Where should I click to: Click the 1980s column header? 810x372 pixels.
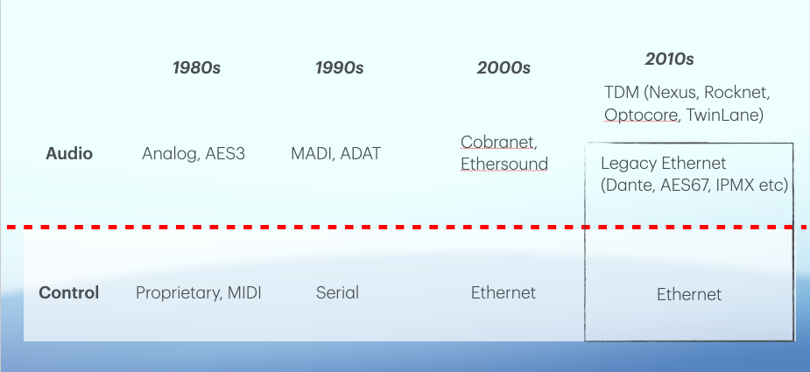click(x=196, y=67)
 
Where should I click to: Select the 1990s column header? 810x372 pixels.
click(x=340, y=67)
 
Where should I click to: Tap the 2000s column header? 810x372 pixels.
click(x=504, y=67)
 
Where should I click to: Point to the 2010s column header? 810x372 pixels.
click(x=669, y=59)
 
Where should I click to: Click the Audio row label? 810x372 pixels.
click(x=69, y=153)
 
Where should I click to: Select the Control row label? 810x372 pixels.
click(x=68, y=293)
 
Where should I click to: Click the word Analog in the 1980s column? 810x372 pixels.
click(x=169, y=154)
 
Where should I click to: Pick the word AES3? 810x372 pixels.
click(x=225, y=153)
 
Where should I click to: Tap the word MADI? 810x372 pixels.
click(x=311, y=153)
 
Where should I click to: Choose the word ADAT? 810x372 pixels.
click(x=361, y=153)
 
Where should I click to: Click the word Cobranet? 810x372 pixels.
click(x=497, y=142)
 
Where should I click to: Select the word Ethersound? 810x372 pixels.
click(x=504, y=164)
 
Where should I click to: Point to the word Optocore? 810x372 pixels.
click(x=641, y=116)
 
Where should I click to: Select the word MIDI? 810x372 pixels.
click(x=244, y=293)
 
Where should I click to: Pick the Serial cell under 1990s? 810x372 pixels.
click(x=337, y=293)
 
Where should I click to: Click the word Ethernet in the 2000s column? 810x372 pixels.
click(x=504, y=293)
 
